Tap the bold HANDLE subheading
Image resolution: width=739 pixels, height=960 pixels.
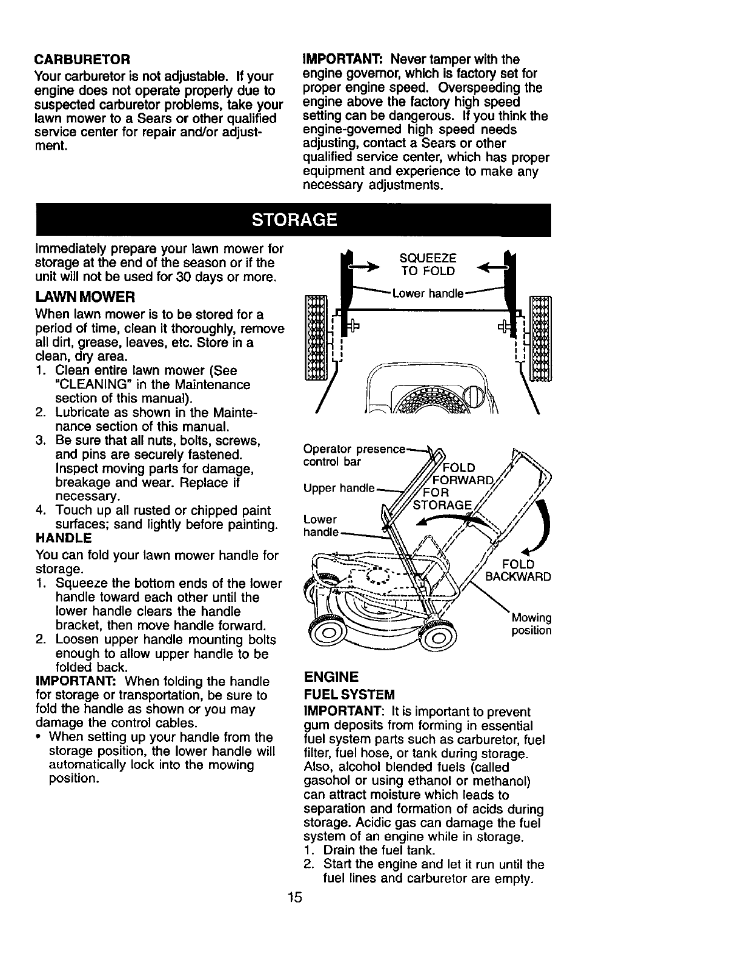64,538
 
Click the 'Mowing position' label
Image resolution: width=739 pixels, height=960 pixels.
531,624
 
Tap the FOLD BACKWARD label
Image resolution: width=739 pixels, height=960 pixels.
519,570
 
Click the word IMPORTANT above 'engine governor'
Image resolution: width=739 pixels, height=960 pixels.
344,59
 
